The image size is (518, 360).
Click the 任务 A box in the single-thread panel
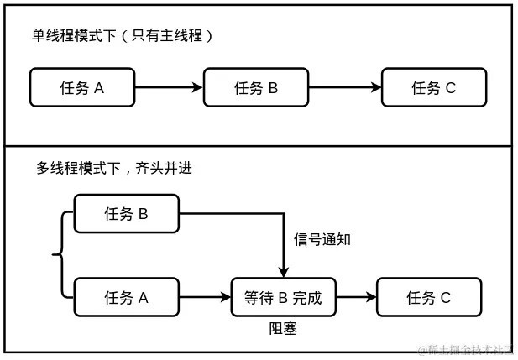(82, 87)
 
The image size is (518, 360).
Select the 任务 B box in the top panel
(256, 87)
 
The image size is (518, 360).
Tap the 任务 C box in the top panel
(433, 87)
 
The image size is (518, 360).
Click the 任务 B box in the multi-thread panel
(126, 214)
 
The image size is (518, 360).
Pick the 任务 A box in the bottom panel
(126, 297)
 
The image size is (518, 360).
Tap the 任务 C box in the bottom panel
(428, 297)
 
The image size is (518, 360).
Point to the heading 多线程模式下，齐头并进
(114, 168)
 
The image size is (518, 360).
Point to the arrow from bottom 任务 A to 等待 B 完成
(205, 297)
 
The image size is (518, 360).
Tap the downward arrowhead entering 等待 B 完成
(284, 271)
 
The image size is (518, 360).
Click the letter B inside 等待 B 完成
(283, 297)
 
